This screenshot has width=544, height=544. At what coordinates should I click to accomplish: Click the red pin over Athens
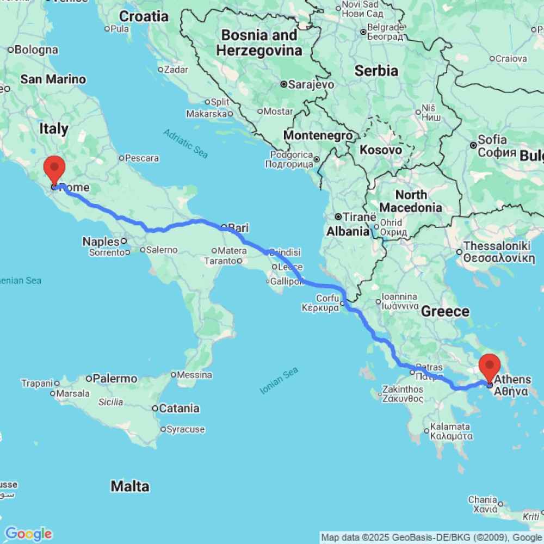489,365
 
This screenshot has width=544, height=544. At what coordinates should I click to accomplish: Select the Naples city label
101,241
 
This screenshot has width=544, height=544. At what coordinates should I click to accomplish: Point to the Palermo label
115,378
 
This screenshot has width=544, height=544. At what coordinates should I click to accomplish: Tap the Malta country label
130,486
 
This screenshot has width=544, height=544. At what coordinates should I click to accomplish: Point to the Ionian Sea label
280,380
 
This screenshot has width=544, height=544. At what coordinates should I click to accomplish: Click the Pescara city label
141,158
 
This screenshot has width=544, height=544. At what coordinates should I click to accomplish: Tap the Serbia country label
376,71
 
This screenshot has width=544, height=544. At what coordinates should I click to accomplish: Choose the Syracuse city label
186,429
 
